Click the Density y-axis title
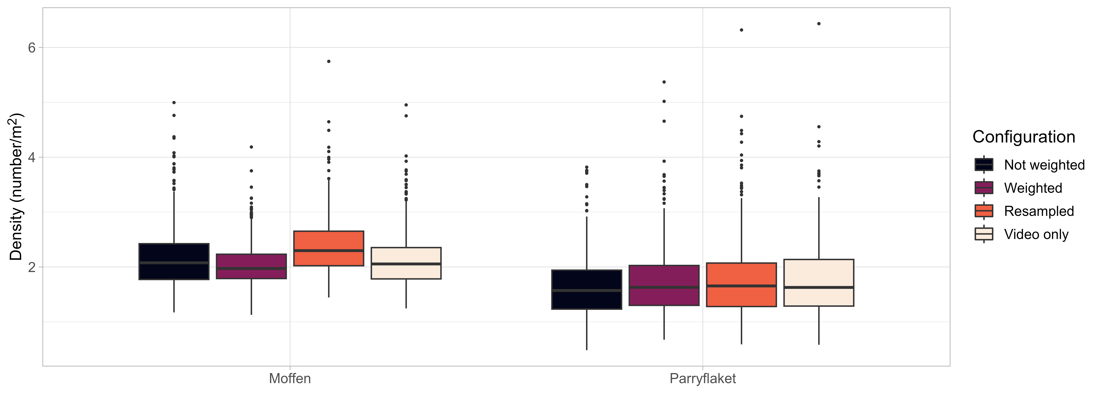click(16, 187)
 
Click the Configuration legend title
click(1024, 137)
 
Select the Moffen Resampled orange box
click(328, 248)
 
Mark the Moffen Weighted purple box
click(251, 266)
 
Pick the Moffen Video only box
click(406, 263)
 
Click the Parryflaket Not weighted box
click(586, 289)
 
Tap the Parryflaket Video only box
click(819, 283)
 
